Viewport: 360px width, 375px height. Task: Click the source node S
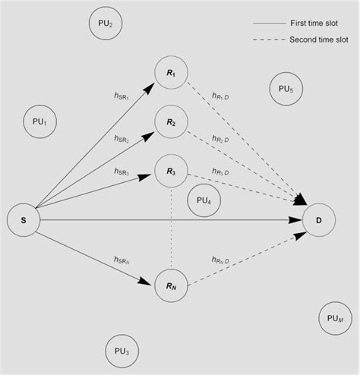(x=24, y=220)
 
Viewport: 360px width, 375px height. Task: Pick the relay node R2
(x=171, y=122)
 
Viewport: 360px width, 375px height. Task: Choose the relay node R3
(x=171, y=172)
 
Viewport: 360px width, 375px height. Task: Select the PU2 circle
(x=105, y=24)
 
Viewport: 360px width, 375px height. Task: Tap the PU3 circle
(x=122, y=351)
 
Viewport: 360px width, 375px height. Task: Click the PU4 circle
(x=204, y=200)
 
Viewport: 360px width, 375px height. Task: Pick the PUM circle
(x=334, y=319)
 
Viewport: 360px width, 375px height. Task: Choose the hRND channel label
(x=225, y=260)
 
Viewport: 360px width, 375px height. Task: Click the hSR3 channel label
(x=123, y=172)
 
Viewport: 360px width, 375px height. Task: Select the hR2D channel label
(x=226, y=140)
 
